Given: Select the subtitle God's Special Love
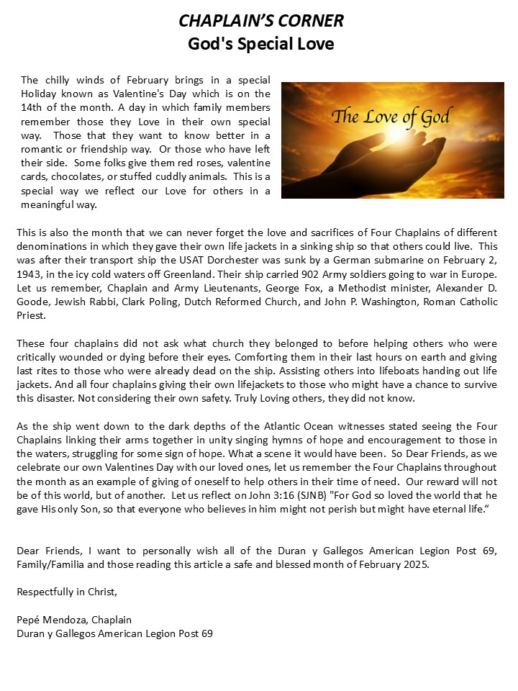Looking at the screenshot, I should click(x=260, y=44).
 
